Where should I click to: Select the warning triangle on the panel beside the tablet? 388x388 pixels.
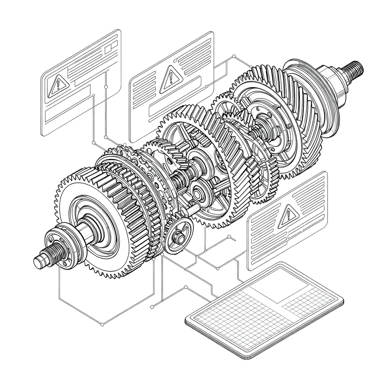click(x=288, y=215)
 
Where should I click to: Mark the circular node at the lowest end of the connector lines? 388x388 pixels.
click(x=102, y=325)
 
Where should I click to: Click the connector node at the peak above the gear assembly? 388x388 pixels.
click(x=234, y=56)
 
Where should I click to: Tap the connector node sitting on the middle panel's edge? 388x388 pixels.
click(x=207, y=86)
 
